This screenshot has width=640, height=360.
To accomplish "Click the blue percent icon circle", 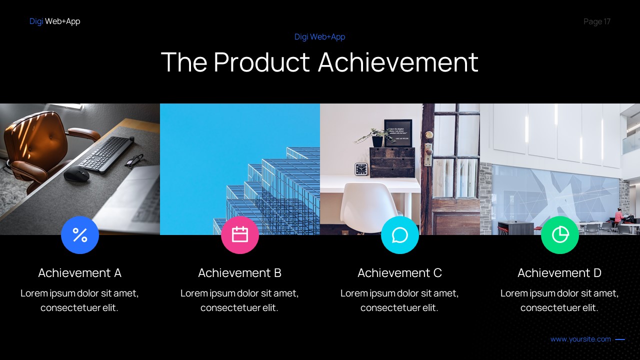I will pos(80,234).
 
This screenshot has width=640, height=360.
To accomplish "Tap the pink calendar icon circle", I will pos(240,234).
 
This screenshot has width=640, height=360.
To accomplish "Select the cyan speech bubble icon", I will pos(400,234).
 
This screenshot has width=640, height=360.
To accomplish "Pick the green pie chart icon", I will pos(560,234).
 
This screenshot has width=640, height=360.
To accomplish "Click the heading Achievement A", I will pos(80,273).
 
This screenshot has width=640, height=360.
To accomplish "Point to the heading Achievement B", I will pos(240,273).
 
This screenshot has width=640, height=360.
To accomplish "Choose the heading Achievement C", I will pos(400,273).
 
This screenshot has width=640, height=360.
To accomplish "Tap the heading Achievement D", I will pos(559,273).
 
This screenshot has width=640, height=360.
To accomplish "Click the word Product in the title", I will pos(262,62).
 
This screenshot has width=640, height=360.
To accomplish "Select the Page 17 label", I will pos(597,21).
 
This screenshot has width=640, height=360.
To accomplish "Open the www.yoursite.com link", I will pos(580,339).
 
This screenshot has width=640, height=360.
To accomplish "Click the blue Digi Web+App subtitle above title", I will pos(320,36).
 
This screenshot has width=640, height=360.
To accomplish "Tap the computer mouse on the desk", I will pos(76,174).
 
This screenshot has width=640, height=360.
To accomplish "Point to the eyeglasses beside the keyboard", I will pos(134,160).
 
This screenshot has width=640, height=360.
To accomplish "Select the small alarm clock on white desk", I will pos(361,169).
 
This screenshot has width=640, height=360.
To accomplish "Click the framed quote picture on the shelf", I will pos(398,132).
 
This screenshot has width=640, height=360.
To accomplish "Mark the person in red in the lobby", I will pos(619,216).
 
